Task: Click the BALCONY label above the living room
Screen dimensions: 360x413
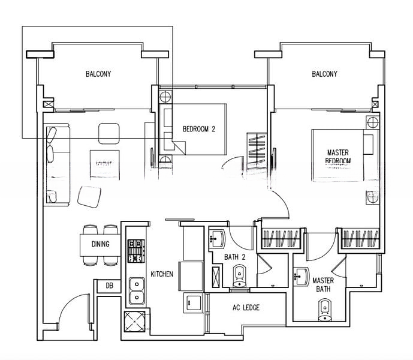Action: coord(98,74)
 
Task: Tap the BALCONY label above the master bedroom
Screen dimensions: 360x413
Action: coord(324,74)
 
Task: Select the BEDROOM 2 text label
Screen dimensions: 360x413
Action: coord(199,128)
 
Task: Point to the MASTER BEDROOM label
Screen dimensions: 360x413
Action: coord(338,157)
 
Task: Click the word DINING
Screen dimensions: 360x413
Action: coord(100,244)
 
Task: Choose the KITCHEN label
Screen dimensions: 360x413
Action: coord(162,274)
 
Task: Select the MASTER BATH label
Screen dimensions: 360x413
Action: coord(324,284)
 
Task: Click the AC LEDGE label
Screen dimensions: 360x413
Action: coord(246,308)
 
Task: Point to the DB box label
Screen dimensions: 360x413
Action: coord(109,286)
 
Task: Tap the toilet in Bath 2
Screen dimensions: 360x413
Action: coord(239,277)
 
